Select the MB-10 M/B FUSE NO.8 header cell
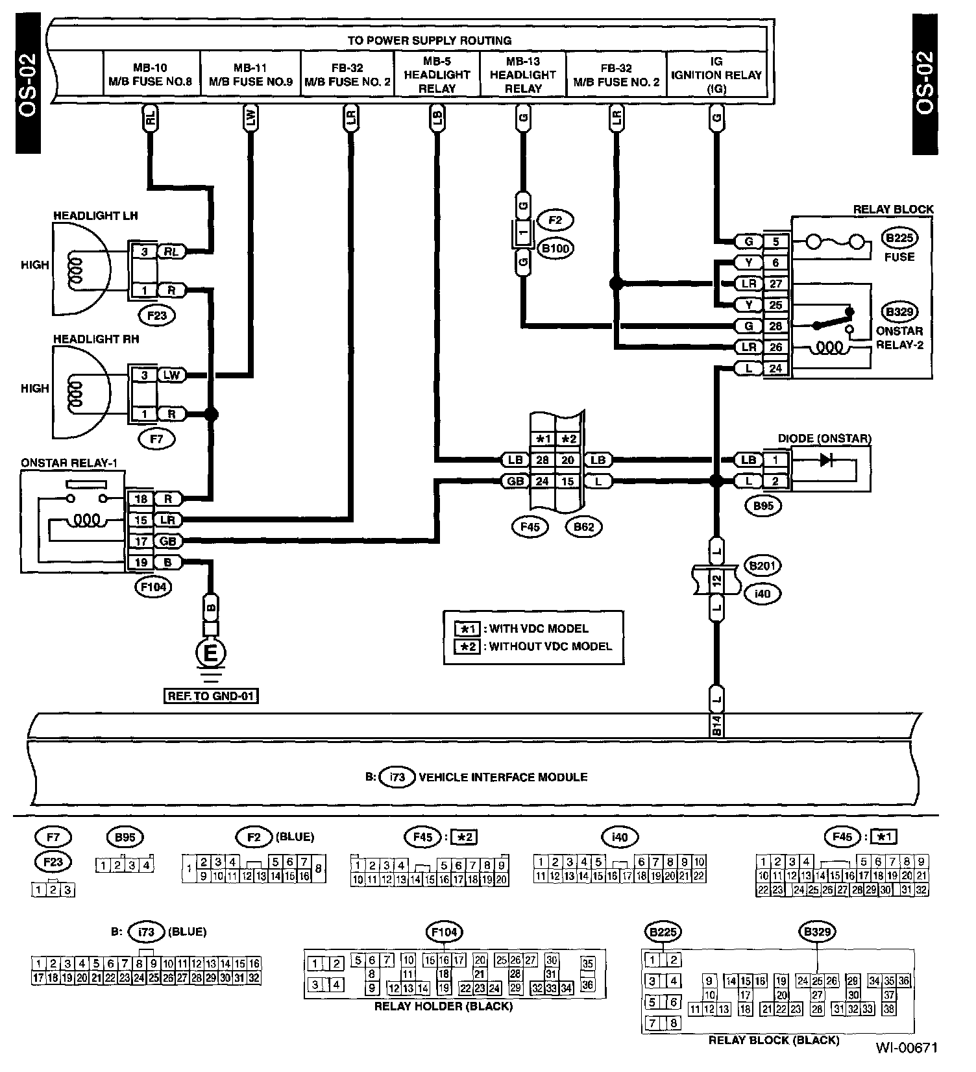(x=151, y=75)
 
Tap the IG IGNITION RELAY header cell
(x=716, y=75)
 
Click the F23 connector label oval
(x=157, y=316)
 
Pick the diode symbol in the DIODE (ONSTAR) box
(x=826, y=460)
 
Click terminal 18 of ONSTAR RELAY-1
(x=141, y=498)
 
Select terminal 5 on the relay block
(x=775, y=241)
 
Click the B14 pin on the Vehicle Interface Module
(x=716, y=726)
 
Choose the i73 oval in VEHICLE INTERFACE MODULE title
(x=397, y=777)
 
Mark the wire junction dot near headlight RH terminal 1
(x=211, y=414)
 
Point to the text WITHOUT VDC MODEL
(x=550, y=646)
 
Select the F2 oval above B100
(x=555, y=220)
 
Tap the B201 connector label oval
(x=762, y=565)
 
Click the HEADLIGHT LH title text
(x=95, y=215)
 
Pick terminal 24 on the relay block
(x=775, y=369)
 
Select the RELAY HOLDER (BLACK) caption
(x=443, y=1006)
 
